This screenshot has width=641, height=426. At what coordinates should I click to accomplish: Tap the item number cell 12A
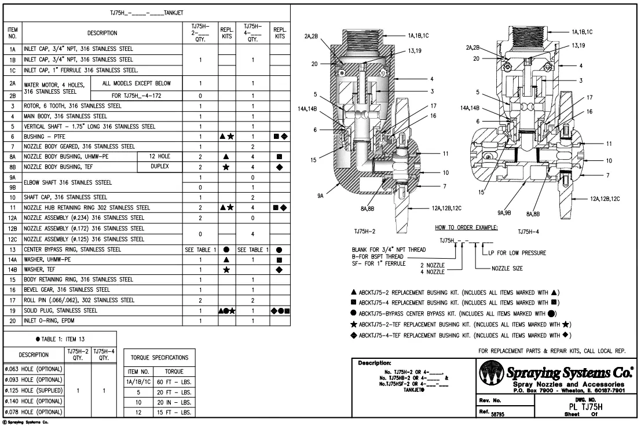point(12,218)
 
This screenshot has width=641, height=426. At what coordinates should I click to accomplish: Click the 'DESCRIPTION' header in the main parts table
point(102,34)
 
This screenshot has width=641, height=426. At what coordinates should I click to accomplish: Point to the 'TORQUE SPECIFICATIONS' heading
point(160,358)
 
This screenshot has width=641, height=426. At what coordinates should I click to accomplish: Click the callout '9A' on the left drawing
point(320,196)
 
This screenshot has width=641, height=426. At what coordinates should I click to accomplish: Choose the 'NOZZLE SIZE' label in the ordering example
point(508,269)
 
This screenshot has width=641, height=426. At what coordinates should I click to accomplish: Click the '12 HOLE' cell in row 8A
point(160,157)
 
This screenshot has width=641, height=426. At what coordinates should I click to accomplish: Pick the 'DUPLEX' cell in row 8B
point(160,167)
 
